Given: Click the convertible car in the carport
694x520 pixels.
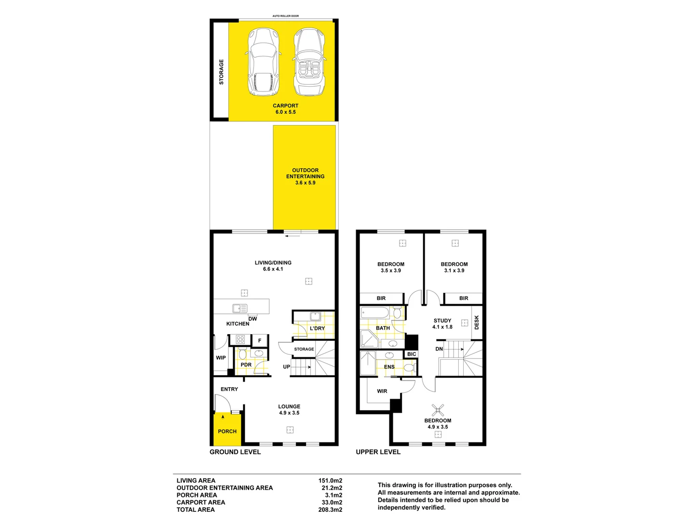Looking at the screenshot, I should coord(309,63).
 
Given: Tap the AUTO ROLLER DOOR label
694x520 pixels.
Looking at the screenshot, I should coord(285,16).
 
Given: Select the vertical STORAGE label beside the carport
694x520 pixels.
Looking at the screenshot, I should coord(221,72).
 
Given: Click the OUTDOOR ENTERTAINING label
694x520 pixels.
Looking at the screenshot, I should coord(305,173).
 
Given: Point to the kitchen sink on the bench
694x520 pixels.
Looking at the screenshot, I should coord(240,309).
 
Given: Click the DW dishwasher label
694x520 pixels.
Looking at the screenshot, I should coord(253,319).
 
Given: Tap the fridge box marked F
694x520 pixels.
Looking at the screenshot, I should coord(260,340).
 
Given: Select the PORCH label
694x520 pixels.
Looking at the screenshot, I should coord(227,431).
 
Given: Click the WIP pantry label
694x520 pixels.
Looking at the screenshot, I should coord(221,358).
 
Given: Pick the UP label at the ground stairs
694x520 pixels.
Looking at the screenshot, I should coord(286,367).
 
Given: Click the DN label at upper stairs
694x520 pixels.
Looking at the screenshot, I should coord(439,349).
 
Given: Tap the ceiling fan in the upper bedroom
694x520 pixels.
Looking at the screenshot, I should coord(438,410).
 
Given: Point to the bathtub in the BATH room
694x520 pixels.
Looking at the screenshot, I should coord(374,313).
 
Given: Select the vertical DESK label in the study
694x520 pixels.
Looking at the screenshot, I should coord(477,322).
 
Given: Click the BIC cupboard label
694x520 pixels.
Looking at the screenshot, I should coord(412,354).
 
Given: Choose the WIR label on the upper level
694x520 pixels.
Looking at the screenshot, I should coord(382,391).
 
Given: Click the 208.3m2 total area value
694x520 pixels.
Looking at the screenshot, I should coord(330,509).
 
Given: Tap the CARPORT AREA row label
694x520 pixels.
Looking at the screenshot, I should coord(200,502).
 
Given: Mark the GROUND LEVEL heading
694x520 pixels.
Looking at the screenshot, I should coord(235,452).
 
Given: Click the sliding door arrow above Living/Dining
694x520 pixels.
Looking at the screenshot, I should coord(293,236).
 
